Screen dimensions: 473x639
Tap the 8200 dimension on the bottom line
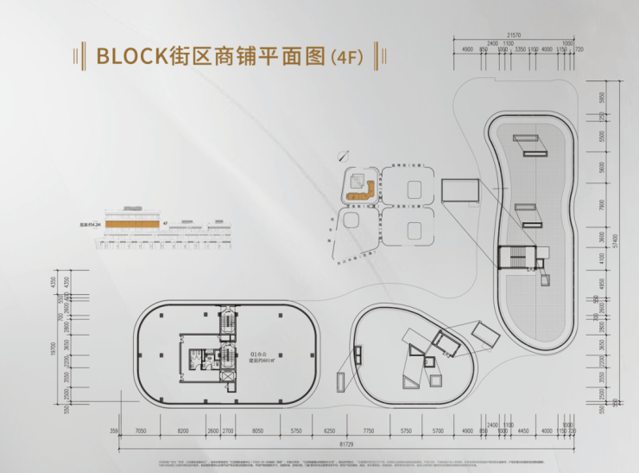pyautogui.click(x=183, y=430)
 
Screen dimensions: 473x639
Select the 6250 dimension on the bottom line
pyautogui.click(x=329, y=430)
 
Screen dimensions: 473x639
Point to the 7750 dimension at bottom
pyautogui.click(x=369, y=430)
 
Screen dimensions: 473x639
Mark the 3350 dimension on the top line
pyautogui.click(x=521, y=50)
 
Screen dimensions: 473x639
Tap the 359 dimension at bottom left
pyautogui.click(x=114, y=430)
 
